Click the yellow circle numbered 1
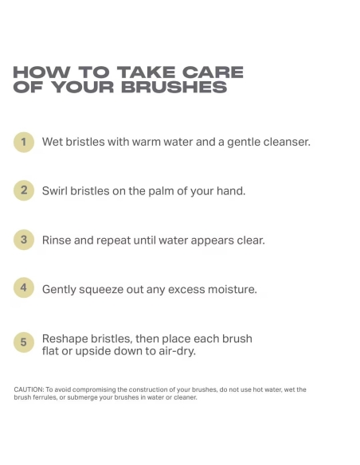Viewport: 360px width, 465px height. point(24,142)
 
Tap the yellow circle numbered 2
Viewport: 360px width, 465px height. point(24,190)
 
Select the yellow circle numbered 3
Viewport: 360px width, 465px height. point(24,240)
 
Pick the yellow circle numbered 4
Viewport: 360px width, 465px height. point(24,287)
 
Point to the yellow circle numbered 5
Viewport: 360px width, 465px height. point(24,342)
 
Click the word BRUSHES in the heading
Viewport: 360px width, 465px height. point(174,87)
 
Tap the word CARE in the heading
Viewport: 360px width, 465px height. point(213,72)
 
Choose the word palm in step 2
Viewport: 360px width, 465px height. point(161,190)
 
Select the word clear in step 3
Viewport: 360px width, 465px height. point(251,240)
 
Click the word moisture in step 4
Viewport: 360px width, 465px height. point(233,289)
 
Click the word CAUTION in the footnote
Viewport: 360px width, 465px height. point(29,389)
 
